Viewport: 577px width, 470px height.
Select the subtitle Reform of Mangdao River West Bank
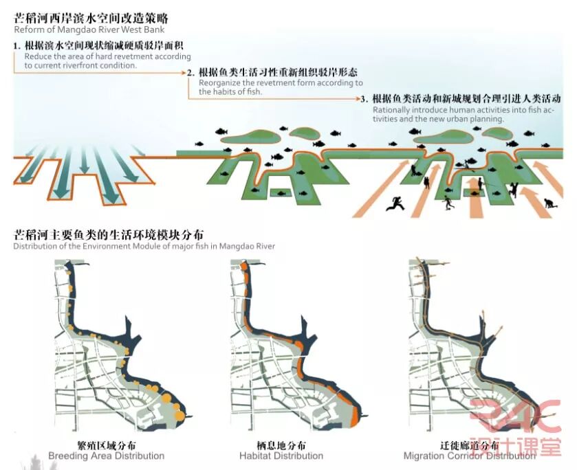(89, 30)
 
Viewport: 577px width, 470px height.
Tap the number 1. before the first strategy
(17, 46)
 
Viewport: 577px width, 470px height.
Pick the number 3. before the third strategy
(364, 99)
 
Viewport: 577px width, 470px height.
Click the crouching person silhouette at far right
(548, 203)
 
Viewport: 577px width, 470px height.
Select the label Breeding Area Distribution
(106, 456)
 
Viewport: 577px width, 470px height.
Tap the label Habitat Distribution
(281, 456)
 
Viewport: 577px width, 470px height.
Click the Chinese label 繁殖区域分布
(107, 445)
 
